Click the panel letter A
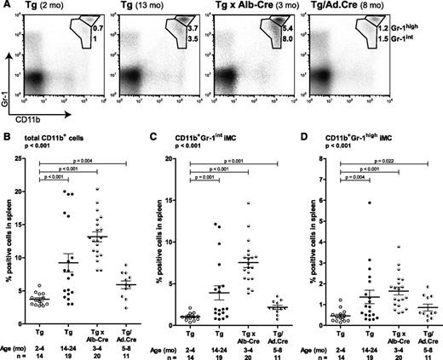[x=7, y=7]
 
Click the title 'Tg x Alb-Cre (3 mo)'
[x=264, y=7]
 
